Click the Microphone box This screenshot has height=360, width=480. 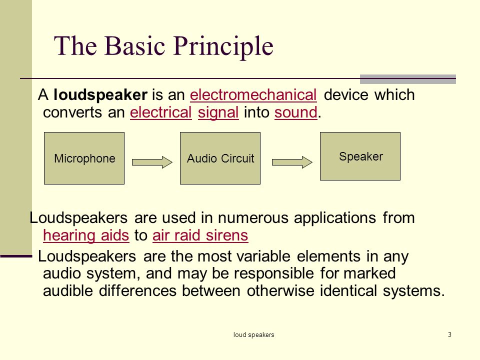pos(84,158)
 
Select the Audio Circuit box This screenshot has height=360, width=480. pos(220,158)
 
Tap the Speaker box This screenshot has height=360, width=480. pos(360,156)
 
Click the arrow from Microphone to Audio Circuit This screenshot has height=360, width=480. pos(152,162)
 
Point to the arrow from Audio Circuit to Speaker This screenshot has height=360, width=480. pos(292,162)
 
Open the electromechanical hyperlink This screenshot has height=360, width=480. pos(253,95)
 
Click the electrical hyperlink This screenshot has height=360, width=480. pos(160,112)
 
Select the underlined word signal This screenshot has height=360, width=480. pos(218,113)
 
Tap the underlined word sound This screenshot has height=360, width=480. pos(296,112)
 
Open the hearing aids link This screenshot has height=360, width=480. pos(86,235)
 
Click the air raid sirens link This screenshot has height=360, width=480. pos(200,235)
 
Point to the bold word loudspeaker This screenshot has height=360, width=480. pos(100,95)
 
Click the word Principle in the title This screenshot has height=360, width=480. pos(224,46)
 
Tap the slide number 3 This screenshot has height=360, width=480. pos(449,334)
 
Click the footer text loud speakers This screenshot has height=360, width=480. pos(254,335)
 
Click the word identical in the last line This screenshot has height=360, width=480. pos(348,290)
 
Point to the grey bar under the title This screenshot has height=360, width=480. pos(408,79)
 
